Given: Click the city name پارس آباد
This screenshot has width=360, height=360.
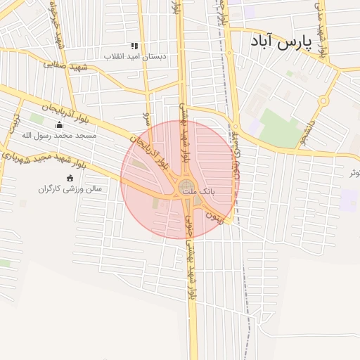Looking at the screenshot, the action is pos(281,44).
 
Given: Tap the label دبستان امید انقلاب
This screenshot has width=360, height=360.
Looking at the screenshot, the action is pos(135,56).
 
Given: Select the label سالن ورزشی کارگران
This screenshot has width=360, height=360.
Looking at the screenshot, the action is pos(70,188).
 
